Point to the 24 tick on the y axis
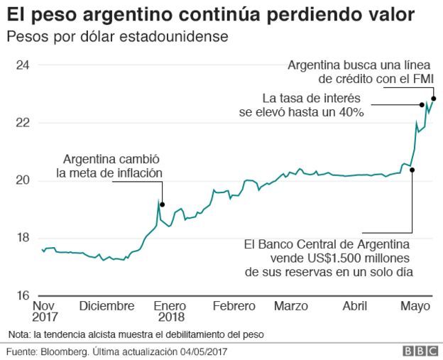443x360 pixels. pyautogui.click(x=23, y=65)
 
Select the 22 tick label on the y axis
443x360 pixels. pyautogui.click(x=23, y=123)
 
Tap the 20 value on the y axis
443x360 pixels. pyautogui.click(x=23, y=180)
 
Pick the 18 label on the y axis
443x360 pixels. pyautogui.click(x=23, y=238)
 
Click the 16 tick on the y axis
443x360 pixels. pyautogui.click(x=23, y=295)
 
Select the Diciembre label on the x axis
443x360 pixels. pyautogui.click(x=106, y=306)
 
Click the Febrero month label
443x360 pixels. pyautogui.click(x=234, y=306)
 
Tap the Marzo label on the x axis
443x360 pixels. pyautogui.click(x=291, y=306)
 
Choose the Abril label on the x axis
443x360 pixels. pyautogui.click(x=354, y=306)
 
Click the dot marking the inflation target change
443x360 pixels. pyautogui.click(x=163, y=204)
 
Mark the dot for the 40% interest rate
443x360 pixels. pyautogui.click(x=422, y=104)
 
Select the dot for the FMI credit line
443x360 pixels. pyautogui.click(x=433, y=98)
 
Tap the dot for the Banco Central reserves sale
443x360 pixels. pyautogui.click(x=412, y=170)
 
